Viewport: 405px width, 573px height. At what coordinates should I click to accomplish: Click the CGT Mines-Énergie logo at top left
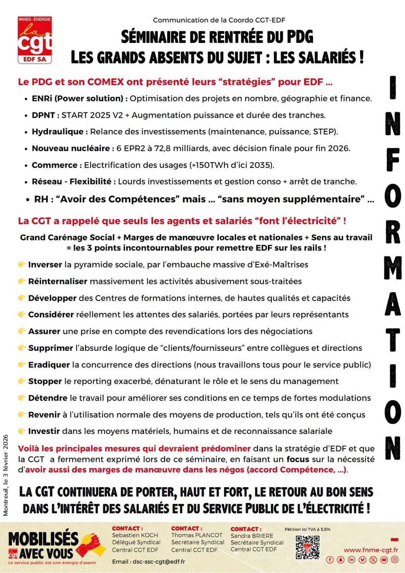(35, 40)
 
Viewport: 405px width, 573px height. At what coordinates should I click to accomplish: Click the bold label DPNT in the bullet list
(43, 115)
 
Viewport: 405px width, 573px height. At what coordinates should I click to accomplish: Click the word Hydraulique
(57, 132)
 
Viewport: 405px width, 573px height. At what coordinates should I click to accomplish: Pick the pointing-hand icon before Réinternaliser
(22, 281)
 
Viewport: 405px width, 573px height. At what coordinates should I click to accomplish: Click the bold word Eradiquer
(49, 365)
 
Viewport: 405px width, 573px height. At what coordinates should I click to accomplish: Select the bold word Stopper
(45, 381)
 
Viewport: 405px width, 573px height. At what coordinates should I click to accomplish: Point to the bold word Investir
(44, 431)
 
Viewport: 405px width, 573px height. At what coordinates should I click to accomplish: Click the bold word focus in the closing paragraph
(298, 459)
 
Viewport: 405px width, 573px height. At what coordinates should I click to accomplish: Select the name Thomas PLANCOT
(197, 535)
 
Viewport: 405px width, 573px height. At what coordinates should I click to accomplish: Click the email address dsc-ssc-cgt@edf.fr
(159, 562)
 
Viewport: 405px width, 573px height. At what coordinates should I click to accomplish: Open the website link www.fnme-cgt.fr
(371, 550)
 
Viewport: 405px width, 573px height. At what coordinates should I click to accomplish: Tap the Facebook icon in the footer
(330, 560)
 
